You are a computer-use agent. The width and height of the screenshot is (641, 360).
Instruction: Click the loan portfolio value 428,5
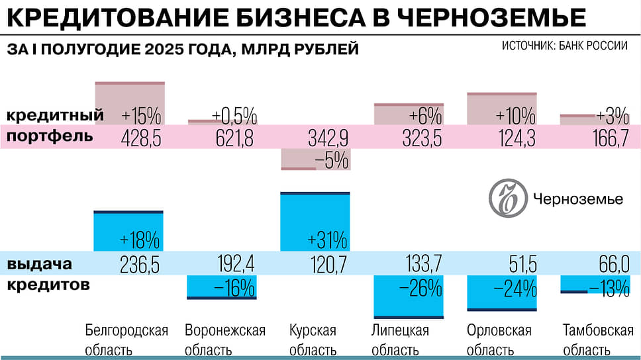tap(141, 137)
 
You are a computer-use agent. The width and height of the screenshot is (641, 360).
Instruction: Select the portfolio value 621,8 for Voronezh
tap(234, 137)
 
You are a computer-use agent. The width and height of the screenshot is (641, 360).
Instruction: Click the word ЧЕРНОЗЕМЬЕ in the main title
tap(491, 18)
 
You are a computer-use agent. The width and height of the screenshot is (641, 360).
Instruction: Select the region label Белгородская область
tap(127, 339)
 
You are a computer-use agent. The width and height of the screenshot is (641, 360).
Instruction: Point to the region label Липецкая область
tap(400, 339)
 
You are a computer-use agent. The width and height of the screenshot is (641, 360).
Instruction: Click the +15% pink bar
tap(130, 103)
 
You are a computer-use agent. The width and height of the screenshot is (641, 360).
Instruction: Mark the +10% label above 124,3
tap(515, 116)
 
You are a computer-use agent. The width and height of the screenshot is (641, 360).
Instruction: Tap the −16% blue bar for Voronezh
tap(221, 287)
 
